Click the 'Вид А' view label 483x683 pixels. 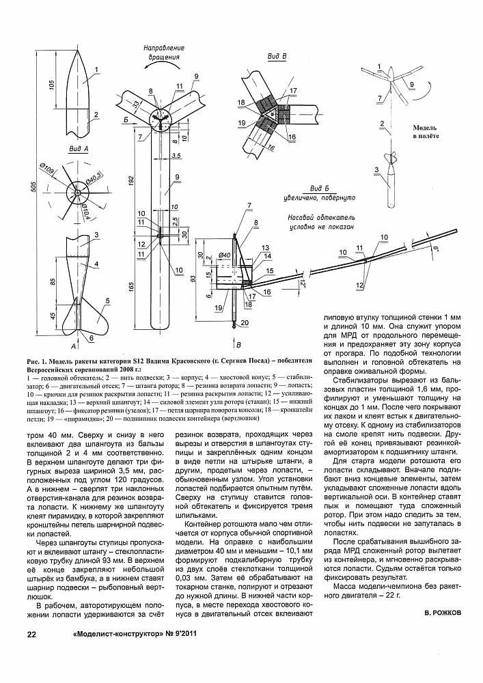[81, 148]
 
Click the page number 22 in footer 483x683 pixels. [31, 635]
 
